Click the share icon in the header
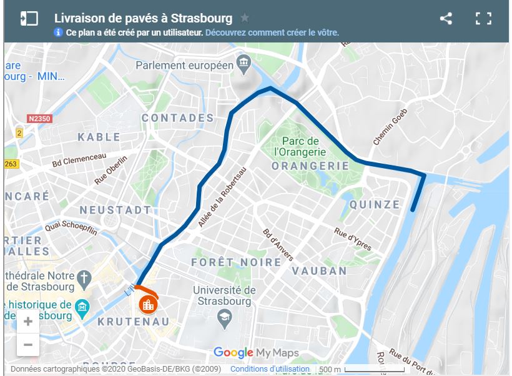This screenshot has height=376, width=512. pos(446,19)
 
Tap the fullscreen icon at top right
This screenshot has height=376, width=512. pos(483,19)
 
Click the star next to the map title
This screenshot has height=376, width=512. pos(245,18)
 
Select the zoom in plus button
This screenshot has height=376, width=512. pos(28,322)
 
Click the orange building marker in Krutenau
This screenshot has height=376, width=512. pos(147,305)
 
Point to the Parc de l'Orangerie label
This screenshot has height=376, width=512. pos(300,146)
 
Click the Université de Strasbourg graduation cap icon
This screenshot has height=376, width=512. pos(224,319)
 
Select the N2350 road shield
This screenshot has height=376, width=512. pos(39,118)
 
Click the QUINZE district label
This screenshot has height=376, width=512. pos(375,204)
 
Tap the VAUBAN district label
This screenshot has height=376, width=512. pos(319,271)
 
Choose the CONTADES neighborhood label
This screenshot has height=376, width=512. pos(177,118)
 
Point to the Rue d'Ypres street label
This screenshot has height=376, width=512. pos(353,239)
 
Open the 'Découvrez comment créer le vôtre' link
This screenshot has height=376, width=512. pos(272,32)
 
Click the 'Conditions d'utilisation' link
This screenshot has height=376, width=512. pos(270,369)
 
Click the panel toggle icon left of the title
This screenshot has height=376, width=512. pos(29,18)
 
